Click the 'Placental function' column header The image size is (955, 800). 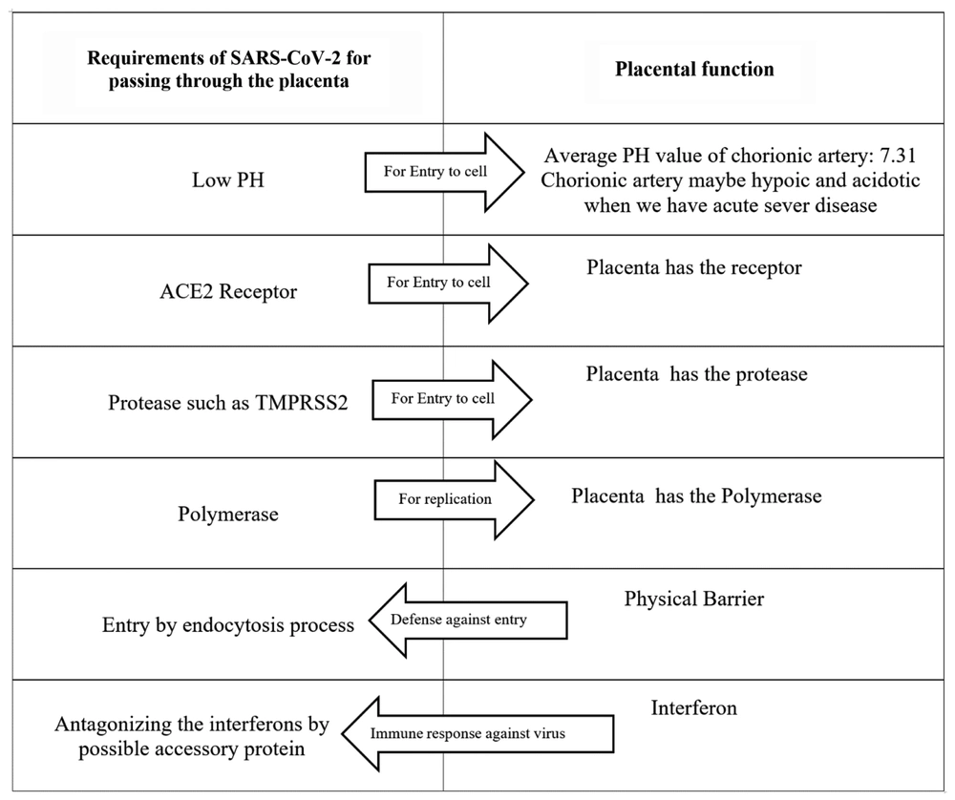[694, 69]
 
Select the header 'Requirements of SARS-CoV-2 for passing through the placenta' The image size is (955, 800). [229, 70]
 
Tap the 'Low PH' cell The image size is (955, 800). [228, 180]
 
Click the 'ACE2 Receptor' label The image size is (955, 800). [228, 291]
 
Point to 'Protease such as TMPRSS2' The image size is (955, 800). [228, 403]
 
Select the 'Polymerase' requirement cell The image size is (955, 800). [228, 514]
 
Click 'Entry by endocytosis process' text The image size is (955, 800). [228, 625]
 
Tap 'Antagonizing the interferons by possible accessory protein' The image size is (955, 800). [192, 736]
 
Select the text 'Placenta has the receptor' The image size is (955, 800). [694, 267]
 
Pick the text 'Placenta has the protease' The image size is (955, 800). [697, 374]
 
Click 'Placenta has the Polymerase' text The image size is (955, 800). [696, 495]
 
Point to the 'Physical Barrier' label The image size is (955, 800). [694, 599]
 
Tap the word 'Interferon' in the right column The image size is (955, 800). [694, 707]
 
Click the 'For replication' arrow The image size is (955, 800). [455, 500]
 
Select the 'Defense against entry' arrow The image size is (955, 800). [468, 620]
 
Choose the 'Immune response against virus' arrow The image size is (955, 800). [477, 733]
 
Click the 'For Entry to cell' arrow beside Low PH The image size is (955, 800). [445, 172]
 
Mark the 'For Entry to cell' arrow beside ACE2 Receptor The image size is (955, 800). [448, 284]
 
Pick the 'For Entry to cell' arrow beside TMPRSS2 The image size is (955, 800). [452, 399]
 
